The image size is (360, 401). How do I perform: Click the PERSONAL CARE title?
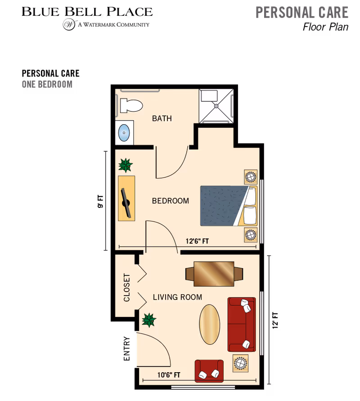tap(302, 12)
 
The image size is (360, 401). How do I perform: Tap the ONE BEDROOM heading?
tap(47, 84)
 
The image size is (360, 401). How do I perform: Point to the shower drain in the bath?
tap(216, 106)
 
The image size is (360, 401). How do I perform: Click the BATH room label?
tap(162, 119)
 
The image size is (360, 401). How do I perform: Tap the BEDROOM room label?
tap(171, 201)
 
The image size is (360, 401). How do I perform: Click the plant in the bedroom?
tap(126, 165)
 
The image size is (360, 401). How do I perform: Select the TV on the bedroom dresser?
tap(126, 201)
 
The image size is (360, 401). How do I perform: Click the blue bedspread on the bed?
tap(220, 206)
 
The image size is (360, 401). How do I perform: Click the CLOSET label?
tap(127, 288)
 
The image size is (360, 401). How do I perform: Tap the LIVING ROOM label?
tap(177, 297)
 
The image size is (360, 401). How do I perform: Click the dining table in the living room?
tap(214, 274)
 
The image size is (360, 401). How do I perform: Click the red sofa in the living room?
tap(241, 324)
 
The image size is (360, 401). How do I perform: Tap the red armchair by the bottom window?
tap(209, 370)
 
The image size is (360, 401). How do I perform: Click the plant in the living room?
tap(148, 320)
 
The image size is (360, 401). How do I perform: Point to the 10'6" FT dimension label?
tap(170, 375)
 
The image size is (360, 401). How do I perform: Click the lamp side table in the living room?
tap(240, 362)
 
